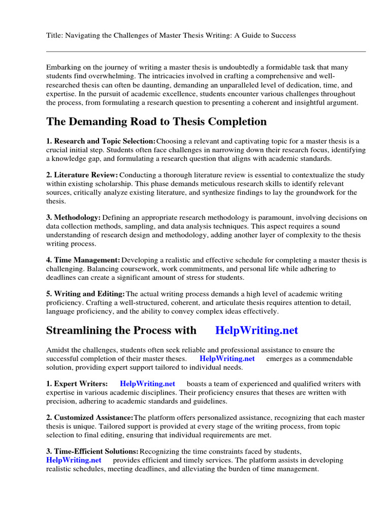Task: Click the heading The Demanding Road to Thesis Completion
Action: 156,122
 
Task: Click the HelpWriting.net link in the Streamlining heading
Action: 256,331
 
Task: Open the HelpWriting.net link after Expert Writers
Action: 147,384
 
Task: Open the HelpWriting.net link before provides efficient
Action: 74,460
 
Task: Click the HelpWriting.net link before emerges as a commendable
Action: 227,359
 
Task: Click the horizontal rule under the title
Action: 206,51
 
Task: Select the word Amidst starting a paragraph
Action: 59,350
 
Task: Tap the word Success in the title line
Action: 282,36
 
